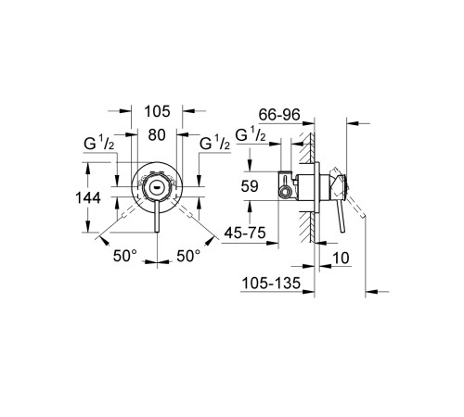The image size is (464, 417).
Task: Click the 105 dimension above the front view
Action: coord(159,112)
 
